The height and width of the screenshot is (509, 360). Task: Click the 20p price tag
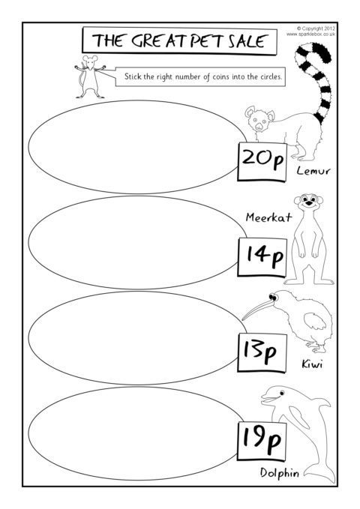coord(262,162)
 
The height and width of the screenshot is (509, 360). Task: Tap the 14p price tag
coord(262,257)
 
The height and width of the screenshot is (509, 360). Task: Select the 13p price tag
coord(262,352)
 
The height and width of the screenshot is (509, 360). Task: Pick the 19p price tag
coord(262,442)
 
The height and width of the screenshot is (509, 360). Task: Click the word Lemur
coord(313,171)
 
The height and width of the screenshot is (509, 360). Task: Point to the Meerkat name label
coord(268,217)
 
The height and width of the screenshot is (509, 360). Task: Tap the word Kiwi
coord(312,364)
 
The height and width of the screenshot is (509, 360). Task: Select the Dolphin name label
coord(280,472)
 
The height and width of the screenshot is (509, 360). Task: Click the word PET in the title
coord(206,41)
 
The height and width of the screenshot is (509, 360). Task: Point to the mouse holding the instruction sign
coord(89,76)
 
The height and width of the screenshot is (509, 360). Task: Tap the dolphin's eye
coord(281,393)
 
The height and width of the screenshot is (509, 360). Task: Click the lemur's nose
coord(258,126)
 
